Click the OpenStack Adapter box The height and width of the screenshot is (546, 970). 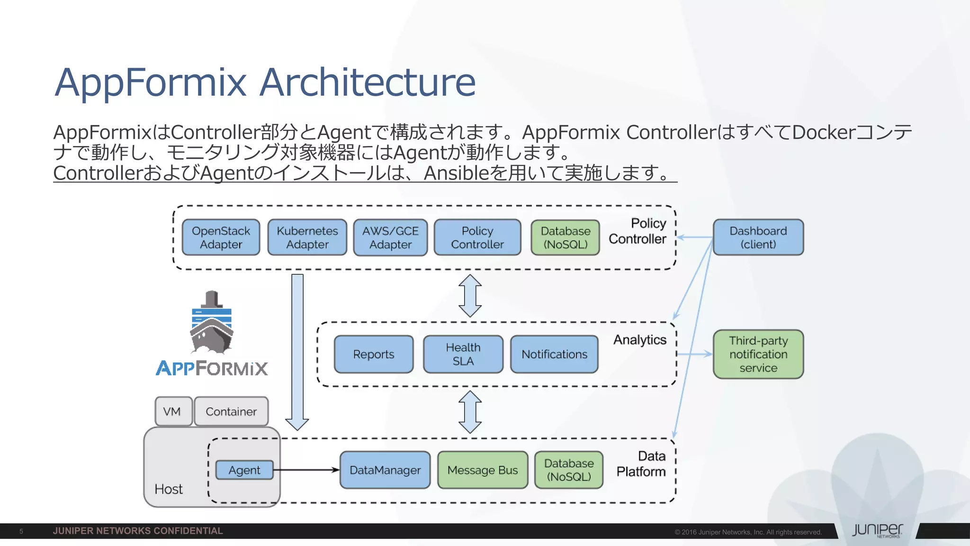coord(221,237)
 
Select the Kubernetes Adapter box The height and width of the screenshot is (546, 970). coord(307,237)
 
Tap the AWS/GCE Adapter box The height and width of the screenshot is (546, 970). coord(390,237)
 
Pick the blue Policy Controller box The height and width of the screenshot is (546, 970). coord(477,237)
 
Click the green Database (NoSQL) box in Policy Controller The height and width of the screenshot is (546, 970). coord(565,237)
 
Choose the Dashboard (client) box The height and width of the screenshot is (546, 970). coord(758,237)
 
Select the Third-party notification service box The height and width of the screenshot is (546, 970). coord(758,354)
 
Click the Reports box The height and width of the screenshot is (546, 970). coord(373,354)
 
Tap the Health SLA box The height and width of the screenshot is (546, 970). coord(463,354)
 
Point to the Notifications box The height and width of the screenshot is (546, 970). coord(554,354)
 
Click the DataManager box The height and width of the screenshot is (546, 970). coord(385,470)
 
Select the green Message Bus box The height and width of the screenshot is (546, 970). coord(482,470)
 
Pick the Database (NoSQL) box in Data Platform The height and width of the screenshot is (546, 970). coord(568,470)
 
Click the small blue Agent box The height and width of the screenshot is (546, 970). coord(244,470)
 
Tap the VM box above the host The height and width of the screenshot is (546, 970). coord(173,411)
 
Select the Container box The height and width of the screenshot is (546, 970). coord(231,411)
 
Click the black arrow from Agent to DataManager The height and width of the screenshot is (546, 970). coord(306,470)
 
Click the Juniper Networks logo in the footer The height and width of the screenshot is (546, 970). coord(877,530)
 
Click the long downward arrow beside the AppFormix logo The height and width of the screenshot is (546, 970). coord(297,351)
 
